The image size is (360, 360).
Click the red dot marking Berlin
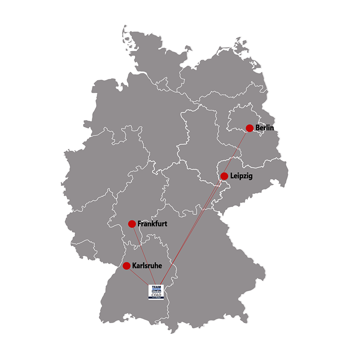coord(249,128)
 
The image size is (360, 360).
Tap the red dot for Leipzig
coord(224,176)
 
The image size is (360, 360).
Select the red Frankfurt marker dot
coord(132,224)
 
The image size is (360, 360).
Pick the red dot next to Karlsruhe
coord(126,266)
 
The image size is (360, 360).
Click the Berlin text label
coord(264,128)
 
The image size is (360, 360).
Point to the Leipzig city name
coord(241,176)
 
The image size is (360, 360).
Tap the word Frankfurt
coord(153,224)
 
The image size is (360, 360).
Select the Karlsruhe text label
coord(147,266)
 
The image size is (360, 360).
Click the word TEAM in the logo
coord(157,286)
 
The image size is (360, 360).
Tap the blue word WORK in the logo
coord(157,289)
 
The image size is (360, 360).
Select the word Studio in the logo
coord(157,292)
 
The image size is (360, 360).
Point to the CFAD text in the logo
coord(157,295)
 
